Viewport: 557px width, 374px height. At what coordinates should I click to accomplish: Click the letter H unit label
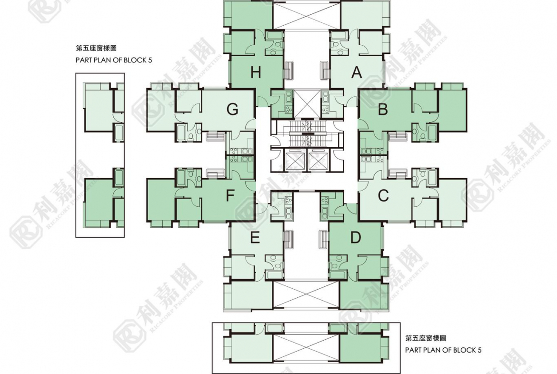[x=256, y=72]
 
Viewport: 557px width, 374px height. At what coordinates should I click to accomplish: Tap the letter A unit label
[x=357, y=72]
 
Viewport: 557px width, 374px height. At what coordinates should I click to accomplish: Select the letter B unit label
[x=383, y=110]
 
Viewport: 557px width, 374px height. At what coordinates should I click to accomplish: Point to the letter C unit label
[x=383, y=196]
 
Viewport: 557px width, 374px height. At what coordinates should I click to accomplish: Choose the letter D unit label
[x=356, y=237]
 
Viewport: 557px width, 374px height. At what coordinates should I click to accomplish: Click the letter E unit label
[x=255, y=238]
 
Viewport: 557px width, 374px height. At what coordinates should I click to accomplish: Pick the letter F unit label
[x=230, y=195]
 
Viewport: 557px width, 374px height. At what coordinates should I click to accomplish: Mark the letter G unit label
[x=232, y=110]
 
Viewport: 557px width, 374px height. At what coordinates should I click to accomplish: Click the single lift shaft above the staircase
[x=307, y=103]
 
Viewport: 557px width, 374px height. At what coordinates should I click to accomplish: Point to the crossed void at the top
[x=307, y=14]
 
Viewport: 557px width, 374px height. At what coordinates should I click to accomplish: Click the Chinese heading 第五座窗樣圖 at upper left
[x=96, y=48]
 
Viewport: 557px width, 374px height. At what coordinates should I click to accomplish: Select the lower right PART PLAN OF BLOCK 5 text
[x=443, y=350]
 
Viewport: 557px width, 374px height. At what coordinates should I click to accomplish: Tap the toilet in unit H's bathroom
[x=274, y=51]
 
